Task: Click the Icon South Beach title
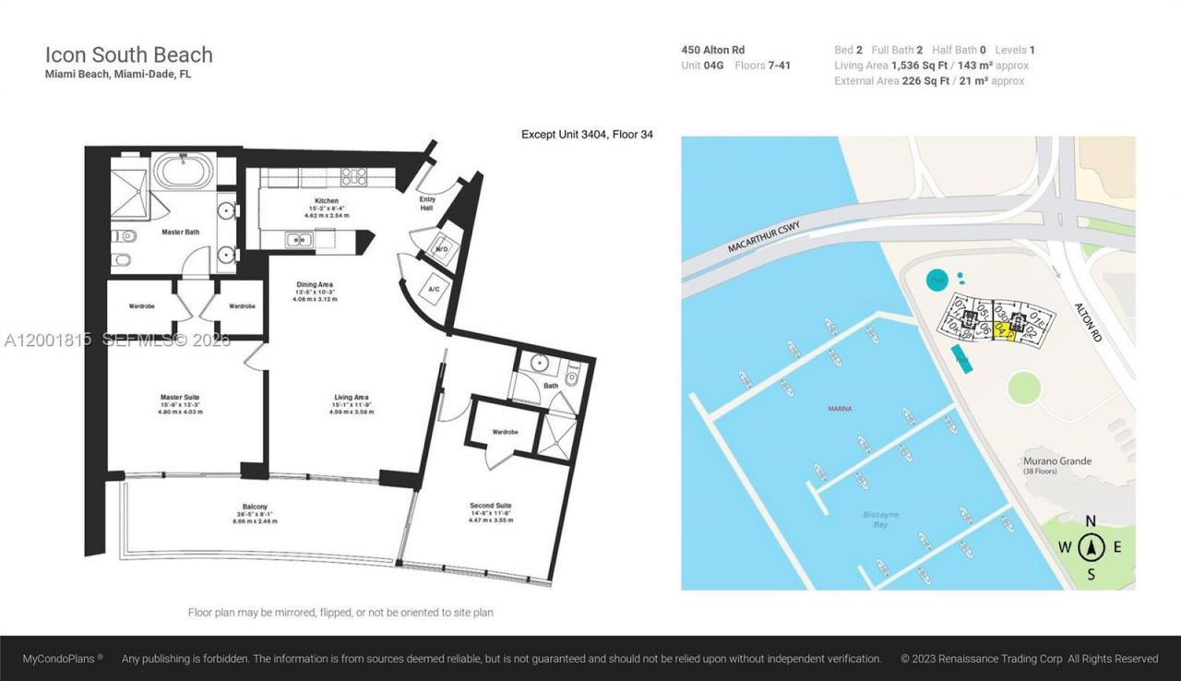point(129,54)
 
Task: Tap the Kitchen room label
point(327,200)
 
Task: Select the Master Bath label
point(180,232)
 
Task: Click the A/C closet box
point(434,290)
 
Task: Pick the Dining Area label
point(315,284)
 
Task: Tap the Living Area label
point(351,398)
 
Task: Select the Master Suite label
point(180,398)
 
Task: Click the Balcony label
point(256,507)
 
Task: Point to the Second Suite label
point(490,506)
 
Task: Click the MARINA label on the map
point(840,407)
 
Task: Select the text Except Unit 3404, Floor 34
point(587,135)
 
